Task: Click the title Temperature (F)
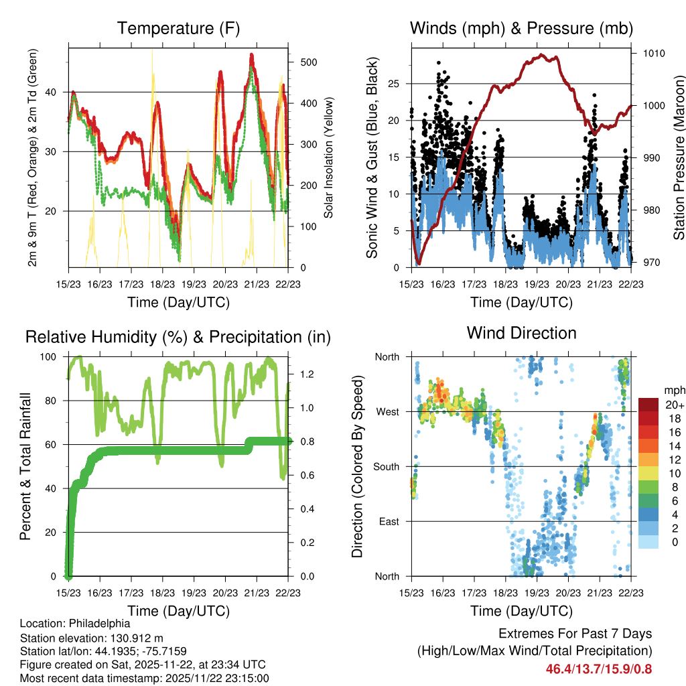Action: pos(178,29)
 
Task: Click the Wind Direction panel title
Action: pos(521,333)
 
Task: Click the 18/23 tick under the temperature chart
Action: pos(162,283)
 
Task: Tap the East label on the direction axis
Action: pos(388,521)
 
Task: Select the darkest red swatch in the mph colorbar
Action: pos(648,405)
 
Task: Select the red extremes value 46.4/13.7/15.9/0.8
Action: pos(599,669)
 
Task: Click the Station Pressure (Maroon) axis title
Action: pos(679,158)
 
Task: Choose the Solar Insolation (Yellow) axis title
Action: pos(329,158)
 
